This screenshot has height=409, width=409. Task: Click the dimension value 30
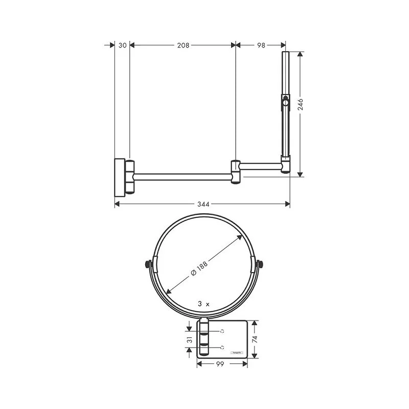click(122, 45)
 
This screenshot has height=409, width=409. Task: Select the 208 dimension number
click(183, 45)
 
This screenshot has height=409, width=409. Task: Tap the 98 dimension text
click(261, 45)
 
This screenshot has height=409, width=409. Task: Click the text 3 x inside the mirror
click(203, 304)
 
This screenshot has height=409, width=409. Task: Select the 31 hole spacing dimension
click(189, 339)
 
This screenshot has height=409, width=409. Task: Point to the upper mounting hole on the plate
click(222, 331)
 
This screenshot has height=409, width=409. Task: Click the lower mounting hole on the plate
click(222, 348)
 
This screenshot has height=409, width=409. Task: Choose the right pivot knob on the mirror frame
click(262, 265)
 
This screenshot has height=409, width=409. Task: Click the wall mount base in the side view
click(119, 176)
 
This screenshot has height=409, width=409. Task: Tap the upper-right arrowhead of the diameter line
click(240, 237)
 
